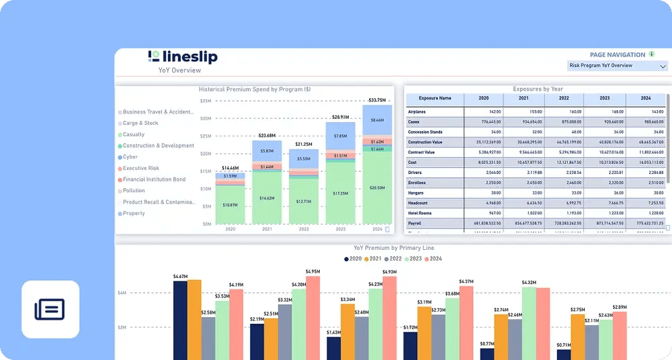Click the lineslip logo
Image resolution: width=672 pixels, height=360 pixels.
(182, 57)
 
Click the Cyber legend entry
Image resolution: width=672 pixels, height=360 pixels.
(131, 157)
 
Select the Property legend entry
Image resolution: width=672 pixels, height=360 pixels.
(134, 214)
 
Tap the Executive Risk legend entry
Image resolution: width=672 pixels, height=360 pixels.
(140, 169)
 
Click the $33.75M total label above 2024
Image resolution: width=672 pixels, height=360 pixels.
(378, 100)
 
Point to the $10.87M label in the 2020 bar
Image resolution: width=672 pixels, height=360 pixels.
(230, 204)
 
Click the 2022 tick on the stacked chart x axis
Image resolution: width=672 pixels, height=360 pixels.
(304, 229)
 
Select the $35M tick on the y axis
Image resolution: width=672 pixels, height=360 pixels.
(206, 101)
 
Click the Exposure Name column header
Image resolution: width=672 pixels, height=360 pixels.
(435, 98)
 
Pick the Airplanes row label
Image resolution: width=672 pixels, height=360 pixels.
(417, 111)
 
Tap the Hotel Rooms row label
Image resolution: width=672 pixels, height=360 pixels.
(421, 213)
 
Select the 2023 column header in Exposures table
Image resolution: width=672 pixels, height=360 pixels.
(604, 98)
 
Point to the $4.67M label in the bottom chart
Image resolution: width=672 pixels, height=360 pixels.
(180, 276)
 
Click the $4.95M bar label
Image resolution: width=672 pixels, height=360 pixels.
(313, 271)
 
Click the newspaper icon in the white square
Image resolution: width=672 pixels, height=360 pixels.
(50, 310)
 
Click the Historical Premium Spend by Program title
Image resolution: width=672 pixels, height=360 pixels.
(255, 89)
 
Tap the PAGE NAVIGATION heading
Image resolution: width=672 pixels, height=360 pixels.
(617, 54)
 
